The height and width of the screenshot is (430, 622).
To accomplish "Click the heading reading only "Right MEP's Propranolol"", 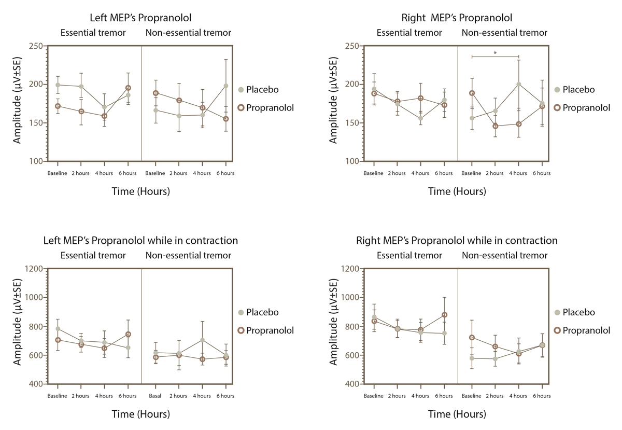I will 457,18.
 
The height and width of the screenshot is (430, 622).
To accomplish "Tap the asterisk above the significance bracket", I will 495,53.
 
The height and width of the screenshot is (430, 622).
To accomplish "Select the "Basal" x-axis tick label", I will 155,396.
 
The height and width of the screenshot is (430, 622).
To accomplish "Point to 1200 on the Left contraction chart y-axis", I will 33,269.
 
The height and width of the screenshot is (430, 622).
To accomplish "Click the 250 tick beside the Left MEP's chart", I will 35,46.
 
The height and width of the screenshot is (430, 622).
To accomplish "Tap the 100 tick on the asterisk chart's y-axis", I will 351,161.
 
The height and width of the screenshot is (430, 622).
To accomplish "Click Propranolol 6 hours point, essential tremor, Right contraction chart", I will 444,315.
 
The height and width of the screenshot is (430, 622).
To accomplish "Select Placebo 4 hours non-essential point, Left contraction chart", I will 202,340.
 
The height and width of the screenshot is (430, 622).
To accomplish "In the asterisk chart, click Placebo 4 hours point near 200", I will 518,84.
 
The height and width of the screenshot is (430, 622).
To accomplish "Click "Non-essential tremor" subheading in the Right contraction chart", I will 504,255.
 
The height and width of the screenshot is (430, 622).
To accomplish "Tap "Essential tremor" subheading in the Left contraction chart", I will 93,255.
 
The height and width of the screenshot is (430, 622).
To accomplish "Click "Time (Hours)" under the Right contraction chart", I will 457,414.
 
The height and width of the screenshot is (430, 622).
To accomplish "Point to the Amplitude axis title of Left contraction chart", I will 18,326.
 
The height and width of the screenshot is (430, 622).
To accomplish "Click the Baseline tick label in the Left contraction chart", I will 58,396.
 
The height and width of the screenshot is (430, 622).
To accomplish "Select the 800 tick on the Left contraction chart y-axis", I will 35,326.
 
